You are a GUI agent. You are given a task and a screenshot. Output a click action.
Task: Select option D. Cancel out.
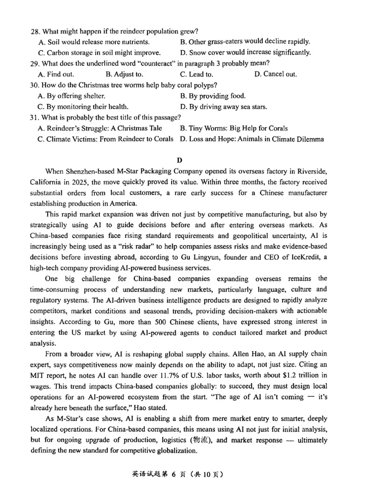click(275, 74)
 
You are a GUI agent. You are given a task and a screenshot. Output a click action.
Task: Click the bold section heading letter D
click(180, 160)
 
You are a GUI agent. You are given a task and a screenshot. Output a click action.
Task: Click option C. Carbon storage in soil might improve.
click(99, 52)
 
